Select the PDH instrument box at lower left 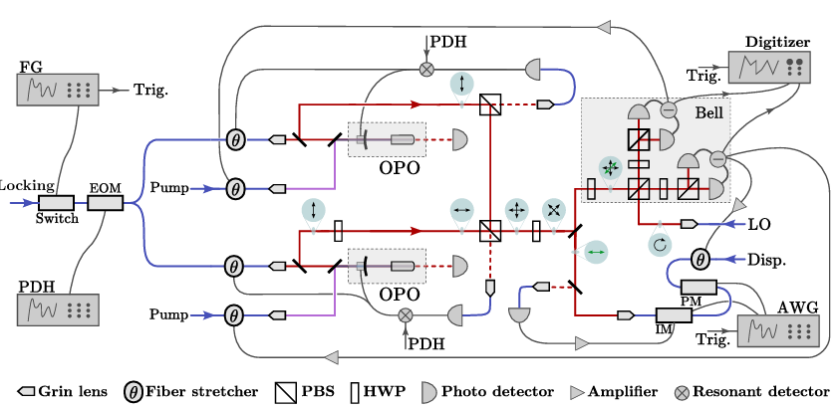57,308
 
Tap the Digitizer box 770,68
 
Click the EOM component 104,202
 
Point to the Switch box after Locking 57,202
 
